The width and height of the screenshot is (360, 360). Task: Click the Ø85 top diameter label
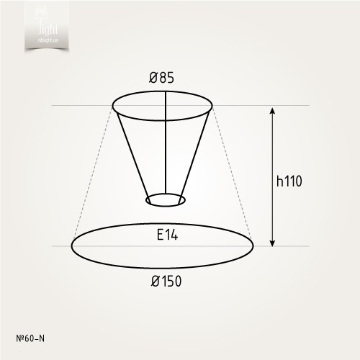pyautogui.click(x=163, y=77)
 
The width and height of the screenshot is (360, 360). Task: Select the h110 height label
pyautogui.click(x=288, y=181)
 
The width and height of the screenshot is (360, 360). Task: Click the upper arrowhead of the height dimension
pyautogui.click(x=272, y=111)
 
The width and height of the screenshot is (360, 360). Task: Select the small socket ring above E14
pyautogui.click(x=166, y=199)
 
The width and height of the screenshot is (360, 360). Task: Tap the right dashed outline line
pyautogui.click(x=233, y=173)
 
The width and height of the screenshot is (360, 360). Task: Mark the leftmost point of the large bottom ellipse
pyautogui.click(x=71, y=246)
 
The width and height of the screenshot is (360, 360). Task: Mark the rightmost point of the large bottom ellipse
pyautogui.click(x=253, y=246)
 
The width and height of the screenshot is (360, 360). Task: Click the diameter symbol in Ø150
pyautogui.click(x=155, y=282)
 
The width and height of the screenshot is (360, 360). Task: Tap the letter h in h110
pyautogui.click(x=279, y=181)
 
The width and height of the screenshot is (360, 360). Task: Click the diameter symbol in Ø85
pyautogui.click(x=153, y=77)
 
